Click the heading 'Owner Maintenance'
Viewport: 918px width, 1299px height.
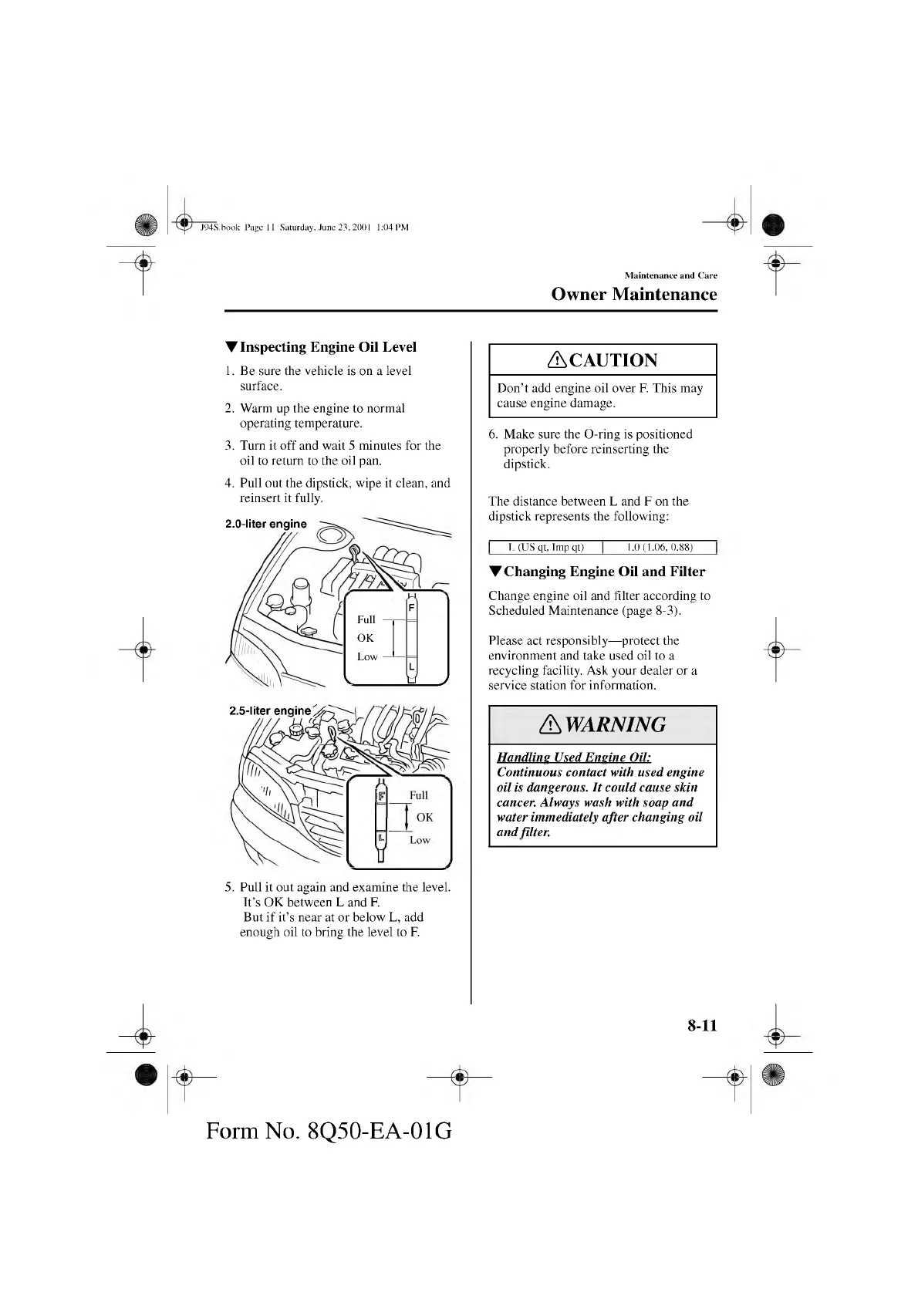tap(633, 294)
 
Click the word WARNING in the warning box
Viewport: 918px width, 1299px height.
tap(614, 724)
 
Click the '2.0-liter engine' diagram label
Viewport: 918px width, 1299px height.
tap(265, 524)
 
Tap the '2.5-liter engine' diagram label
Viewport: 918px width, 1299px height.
tap(270, 710)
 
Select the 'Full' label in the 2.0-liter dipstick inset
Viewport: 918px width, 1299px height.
tap(366, 619)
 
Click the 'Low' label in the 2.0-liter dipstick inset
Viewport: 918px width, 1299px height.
tap(367, 656)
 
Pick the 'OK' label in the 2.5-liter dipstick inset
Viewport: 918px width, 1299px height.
tap(424, 818)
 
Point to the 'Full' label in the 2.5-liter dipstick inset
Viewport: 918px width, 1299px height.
tap(418, 795)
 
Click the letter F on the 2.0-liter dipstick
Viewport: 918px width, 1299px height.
tap(411, 608)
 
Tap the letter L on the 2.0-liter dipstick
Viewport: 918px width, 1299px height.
tap(411, 665)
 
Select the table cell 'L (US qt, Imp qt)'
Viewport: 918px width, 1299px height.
tap(545, 548)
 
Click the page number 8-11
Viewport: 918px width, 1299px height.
tap(702, 1025)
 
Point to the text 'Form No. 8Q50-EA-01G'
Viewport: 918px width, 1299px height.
tap(329, 1131)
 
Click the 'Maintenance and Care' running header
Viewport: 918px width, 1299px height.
tap(670, 275)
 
